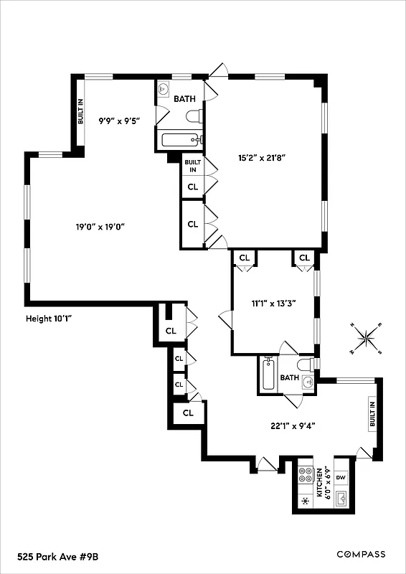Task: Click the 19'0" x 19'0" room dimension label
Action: [x=100, y=227]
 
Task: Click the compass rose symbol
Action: [x=367, y=337]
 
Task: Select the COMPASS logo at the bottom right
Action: [x=361, y=554]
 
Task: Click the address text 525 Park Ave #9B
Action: [x=55, y=555]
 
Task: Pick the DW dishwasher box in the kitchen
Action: [x=341, y=477]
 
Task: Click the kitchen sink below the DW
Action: [x=341, y=497]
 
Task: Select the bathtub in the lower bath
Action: [x=269, y=375]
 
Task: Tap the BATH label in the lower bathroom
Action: [x=290, y=378]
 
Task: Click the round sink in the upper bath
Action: [x=164, y=90]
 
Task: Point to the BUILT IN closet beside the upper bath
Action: [x=192, y=166]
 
